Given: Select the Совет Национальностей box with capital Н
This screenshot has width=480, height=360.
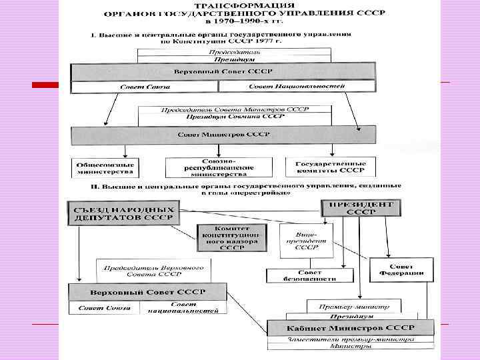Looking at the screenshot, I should click(x=296, y=87).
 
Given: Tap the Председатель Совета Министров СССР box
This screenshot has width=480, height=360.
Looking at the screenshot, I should click(x=235, y=109).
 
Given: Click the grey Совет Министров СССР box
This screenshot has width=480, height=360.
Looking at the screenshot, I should click(x=223, y=134).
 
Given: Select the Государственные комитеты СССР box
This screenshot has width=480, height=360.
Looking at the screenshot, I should click(x=325, y=167).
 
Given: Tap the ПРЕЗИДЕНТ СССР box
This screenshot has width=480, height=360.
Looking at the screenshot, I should click(x=361, y=207).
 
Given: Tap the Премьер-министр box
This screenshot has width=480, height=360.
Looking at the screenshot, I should click(x=353, y=306).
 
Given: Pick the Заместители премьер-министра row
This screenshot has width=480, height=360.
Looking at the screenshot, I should click(x=341, y=339).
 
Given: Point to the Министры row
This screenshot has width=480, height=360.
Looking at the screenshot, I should click(x=341, y=346).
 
